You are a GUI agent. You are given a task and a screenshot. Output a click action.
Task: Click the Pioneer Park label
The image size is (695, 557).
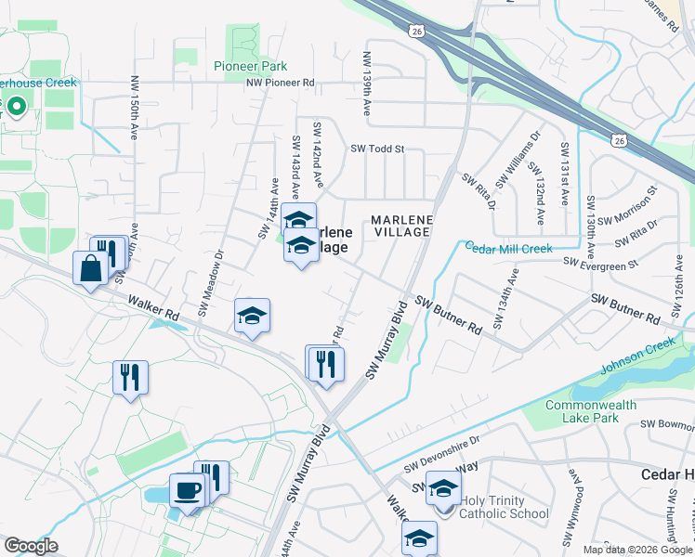(250, 66)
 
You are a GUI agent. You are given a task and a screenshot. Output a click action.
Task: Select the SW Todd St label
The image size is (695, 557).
(377, 149)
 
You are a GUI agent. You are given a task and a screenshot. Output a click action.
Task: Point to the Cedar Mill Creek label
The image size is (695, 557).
(508, 248)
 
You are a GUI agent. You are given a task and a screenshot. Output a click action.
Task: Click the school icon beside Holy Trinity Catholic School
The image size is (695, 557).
(443, 488)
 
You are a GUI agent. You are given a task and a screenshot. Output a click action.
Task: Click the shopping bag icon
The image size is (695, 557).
(91, 268)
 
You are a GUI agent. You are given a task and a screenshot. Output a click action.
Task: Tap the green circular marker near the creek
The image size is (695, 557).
(17, 106)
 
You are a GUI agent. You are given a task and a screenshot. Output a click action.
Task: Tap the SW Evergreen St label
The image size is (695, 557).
(601, 264)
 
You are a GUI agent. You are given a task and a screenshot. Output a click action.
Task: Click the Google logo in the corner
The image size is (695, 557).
(31, 546)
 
